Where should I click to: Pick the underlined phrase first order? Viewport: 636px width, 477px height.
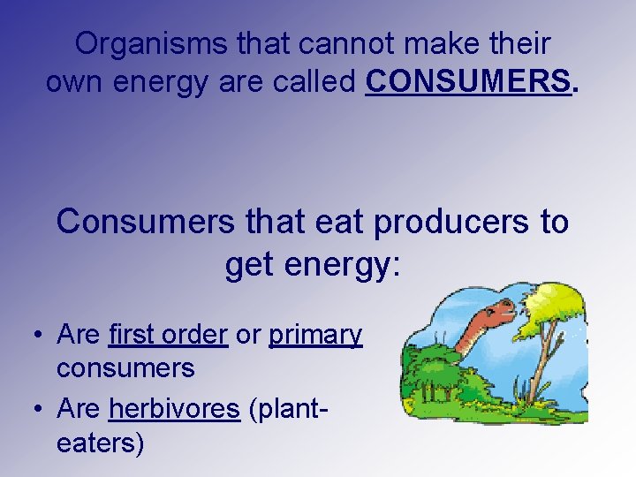coord(168,335)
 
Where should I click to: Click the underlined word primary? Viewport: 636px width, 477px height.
coord(315,335)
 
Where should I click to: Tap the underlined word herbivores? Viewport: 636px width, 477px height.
coord(174,409)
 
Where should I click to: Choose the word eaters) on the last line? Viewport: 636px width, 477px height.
coord(100,441)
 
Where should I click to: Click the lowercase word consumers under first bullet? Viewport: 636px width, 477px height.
coord(125,367)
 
